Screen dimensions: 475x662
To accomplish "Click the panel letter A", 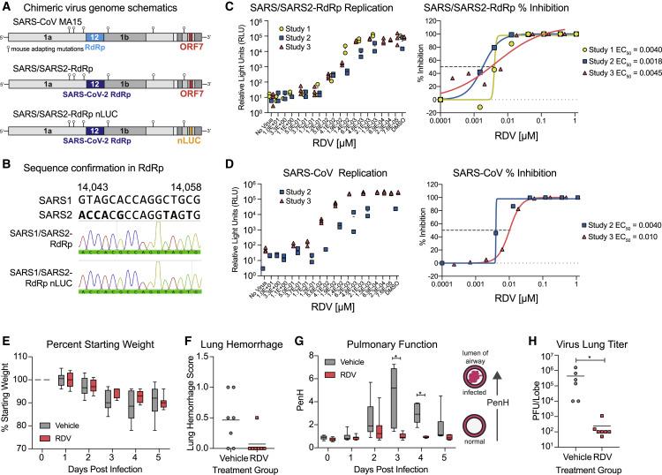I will (x=7, y=7).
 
